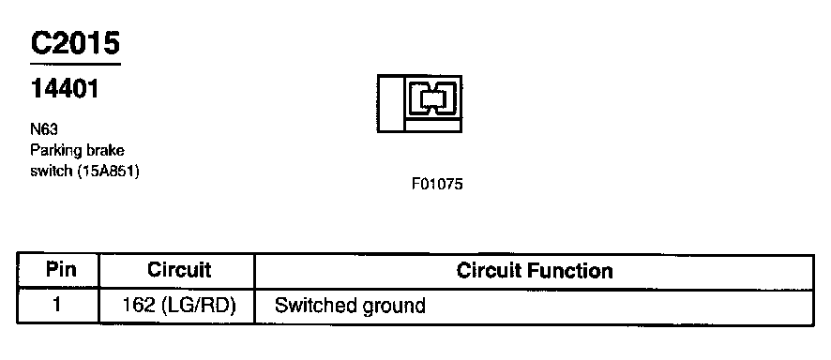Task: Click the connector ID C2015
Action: pos(75,43)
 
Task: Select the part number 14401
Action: pos(65,89)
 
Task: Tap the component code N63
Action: pos(43,129)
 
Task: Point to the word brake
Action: pos(105,150)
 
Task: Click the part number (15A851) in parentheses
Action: pos(108,172)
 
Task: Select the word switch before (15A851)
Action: pos(52,172)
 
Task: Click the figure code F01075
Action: pos(437,185)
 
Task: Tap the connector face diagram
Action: pos(420,104)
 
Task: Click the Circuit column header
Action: pos(178,270)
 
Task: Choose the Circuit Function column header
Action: pos(535,271)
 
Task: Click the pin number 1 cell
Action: pos(58,306)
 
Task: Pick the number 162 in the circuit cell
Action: pos(138,306)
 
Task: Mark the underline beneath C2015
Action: pos(75,64)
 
